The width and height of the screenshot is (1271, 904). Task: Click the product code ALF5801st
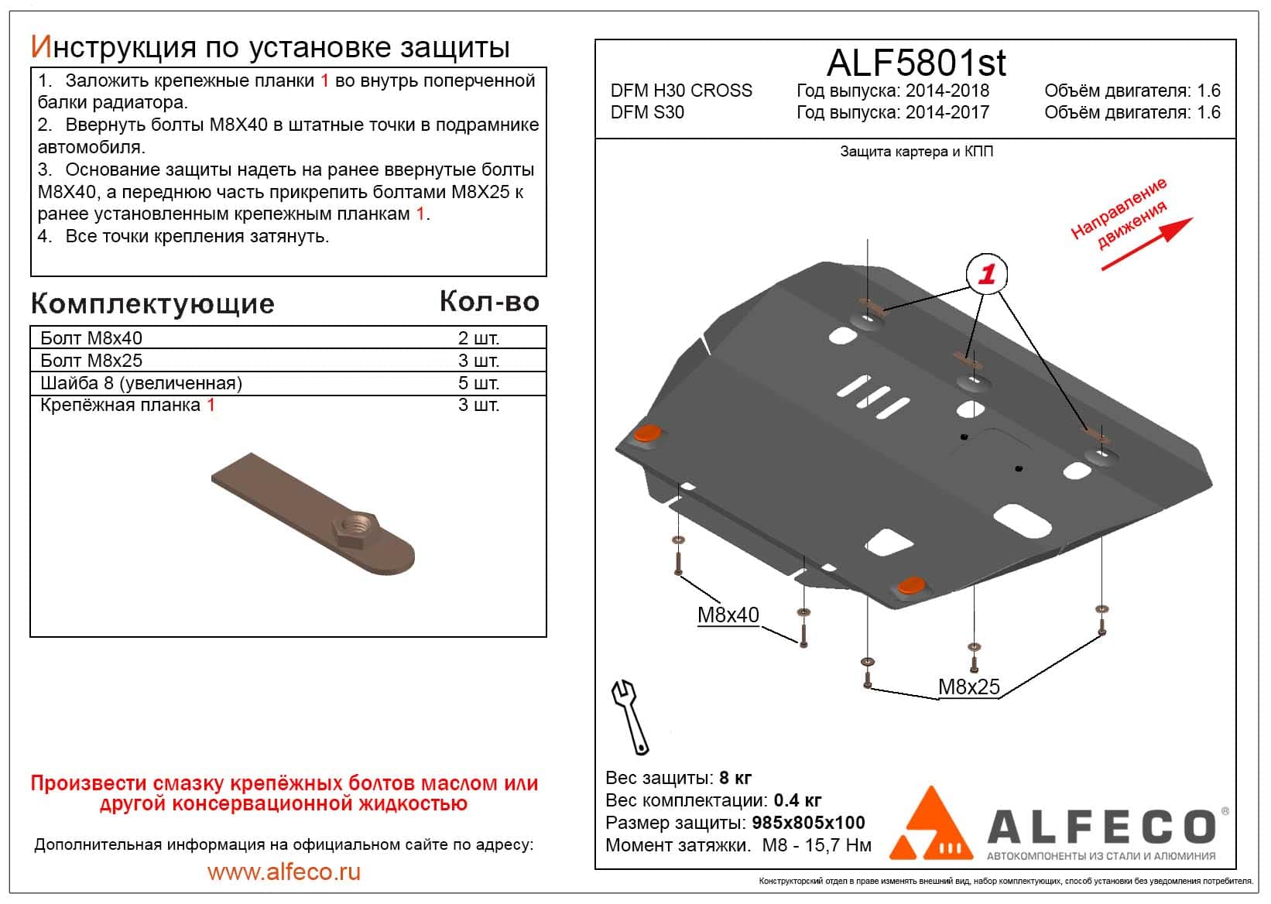[916, 62]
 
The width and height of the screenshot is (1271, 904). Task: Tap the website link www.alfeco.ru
[284, 872]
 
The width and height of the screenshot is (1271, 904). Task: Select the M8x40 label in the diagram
[728, 615]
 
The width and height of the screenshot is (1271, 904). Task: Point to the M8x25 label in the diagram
[968, 687]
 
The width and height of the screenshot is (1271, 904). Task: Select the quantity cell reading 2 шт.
[478, 338]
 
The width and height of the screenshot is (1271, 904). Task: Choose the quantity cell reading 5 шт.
[478, 383]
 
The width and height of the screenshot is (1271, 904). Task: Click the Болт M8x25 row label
[91, 361]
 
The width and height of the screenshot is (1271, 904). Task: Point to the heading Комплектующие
[152, 303]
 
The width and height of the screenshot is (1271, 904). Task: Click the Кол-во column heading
[489, 301]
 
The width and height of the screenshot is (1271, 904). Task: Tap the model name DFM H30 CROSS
[681, 91]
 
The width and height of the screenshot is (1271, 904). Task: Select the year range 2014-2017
[947, 112]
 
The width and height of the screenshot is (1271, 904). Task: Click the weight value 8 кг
[735, 778]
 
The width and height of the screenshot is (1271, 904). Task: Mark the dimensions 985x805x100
[808, 823]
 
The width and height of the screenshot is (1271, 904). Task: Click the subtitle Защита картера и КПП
[916, 152]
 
